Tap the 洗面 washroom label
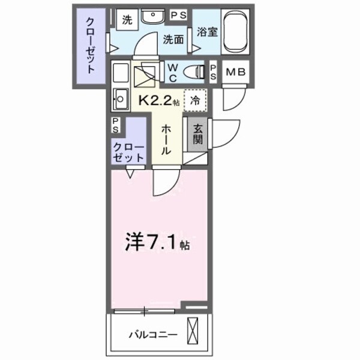tap(173, 40)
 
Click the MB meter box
tap(236, 73)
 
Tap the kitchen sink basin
tap(121, 98)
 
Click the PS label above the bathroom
tap(178, 14)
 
